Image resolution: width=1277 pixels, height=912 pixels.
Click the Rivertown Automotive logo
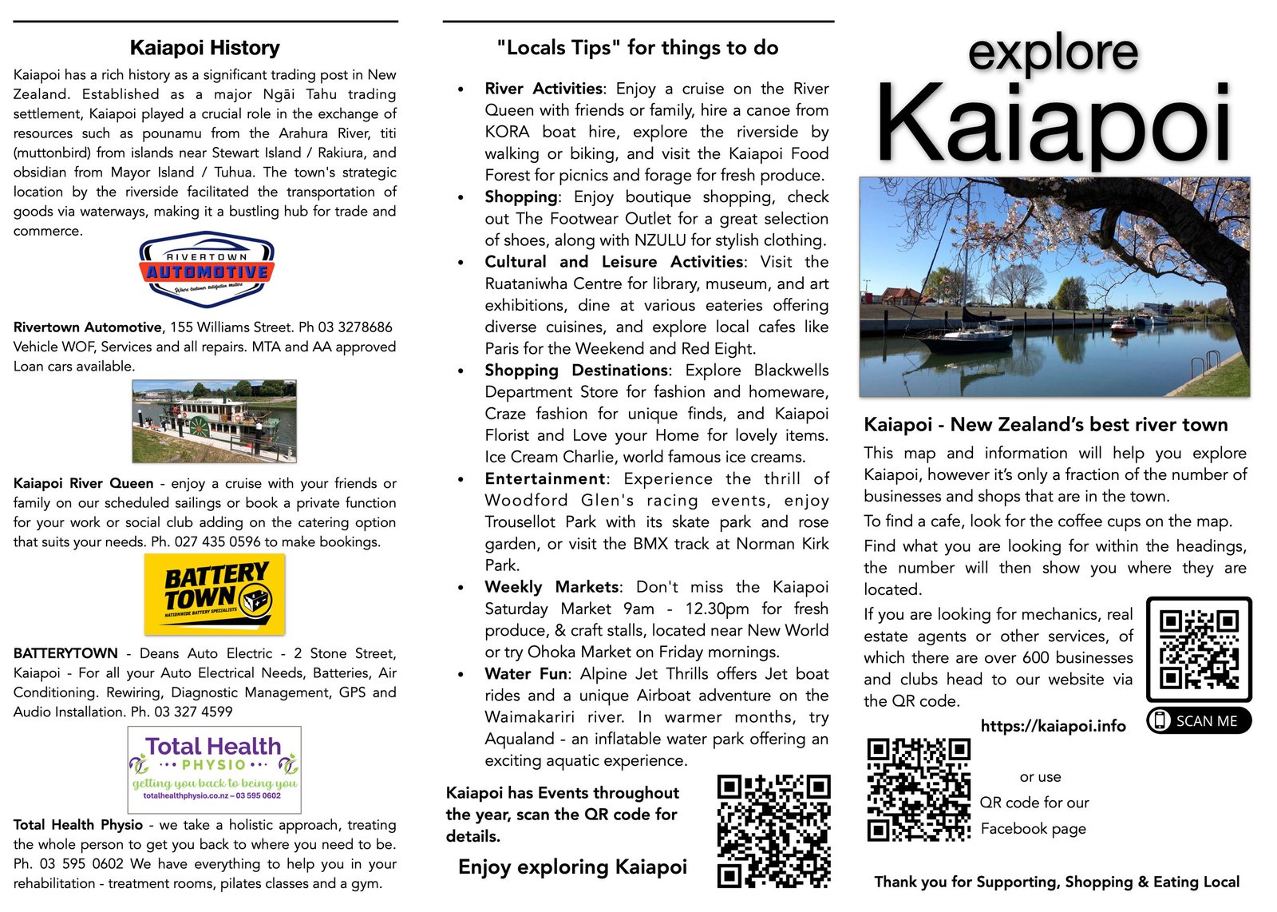pos(207,270)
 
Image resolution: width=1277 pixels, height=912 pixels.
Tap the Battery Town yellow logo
pos(215,594)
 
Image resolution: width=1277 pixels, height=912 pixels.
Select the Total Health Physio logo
pos(214,769)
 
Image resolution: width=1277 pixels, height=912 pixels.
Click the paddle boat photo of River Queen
pos(214,421)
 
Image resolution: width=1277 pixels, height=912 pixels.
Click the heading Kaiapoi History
pos(204,48)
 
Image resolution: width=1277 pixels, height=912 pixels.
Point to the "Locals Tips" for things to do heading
pos(637,48)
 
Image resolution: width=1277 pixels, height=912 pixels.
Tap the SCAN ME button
pos(1198,720)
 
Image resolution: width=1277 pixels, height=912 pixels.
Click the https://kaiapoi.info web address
pos(1053,726)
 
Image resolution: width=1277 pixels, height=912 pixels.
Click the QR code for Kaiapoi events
pos(773,831)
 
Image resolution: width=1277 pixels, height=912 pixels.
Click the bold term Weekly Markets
pos(552,587)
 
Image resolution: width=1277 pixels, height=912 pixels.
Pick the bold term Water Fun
pos(526,674)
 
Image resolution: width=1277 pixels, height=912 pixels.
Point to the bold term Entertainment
pos(545,479)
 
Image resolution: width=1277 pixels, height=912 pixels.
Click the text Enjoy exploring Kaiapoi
pos(572,867)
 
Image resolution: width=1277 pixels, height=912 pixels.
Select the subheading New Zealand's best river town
pos(1089,425)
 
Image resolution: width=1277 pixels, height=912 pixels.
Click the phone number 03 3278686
pos(355,327)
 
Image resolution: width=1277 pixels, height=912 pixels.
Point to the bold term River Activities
pos(544,89)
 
